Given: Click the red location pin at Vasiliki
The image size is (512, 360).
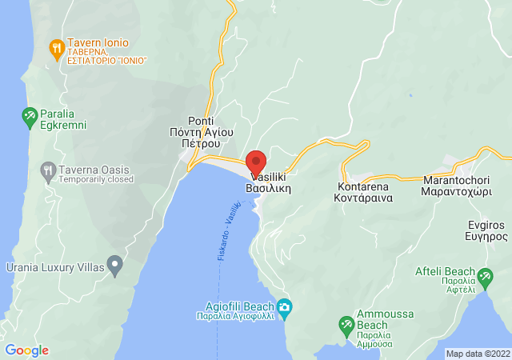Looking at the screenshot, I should coord(256,161).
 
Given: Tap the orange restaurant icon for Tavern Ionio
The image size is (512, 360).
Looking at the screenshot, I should coord(56,50).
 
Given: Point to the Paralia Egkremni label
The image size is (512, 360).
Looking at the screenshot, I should coord(55,120).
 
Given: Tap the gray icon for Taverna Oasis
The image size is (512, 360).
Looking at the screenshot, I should coord(48,170).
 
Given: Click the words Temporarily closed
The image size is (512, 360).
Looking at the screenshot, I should coord(95,180).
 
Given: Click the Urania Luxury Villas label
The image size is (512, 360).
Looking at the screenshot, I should coord(54,266).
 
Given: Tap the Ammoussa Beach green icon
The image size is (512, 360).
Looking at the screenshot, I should coord(346,325).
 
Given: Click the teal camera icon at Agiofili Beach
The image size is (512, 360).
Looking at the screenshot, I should coord(285,306).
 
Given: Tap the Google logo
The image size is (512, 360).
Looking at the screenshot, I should coord(26,350).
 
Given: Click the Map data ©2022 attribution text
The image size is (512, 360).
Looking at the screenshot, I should coord(477,354).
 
